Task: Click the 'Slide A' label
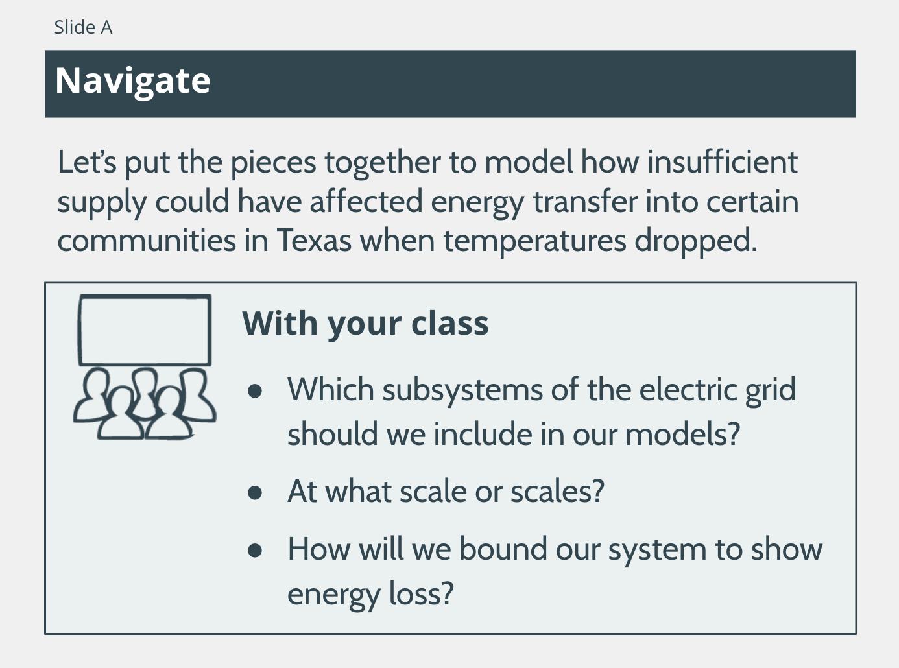(83, 27)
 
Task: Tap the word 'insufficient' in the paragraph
(723, 161)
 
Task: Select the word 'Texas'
(314, 241)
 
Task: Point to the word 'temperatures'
(535, 241)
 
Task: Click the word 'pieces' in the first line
(273, 163)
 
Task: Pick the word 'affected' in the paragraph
(366, 202)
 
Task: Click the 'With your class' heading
(365, 325)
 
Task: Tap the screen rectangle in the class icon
(145, 296)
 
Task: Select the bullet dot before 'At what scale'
(254, 492)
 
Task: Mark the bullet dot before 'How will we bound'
(254, 551)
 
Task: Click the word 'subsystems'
(462, 390)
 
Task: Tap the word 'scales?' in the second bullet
(557, 492)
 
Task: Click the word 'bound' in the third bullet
(503, 550)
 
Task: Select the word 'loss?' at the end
(421, 593)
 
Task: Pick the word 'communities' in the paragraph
(147, 241)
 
